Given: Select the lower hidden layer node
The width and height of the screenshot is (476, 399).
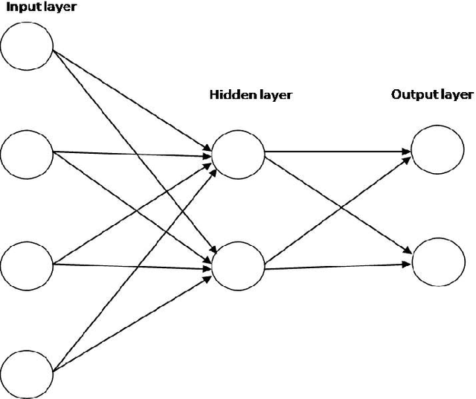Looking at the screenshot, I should tap(238, 265).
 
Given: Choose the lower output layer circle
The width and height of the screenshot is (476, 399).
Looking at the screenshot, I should tap(437, 262).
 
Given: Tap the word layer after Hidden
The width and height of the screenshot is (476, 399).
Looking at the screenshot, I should tap(271, 95).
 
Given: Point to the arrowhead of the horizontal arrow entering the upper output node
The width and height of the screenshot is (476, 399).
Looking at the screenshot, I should tap(407, 152).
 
